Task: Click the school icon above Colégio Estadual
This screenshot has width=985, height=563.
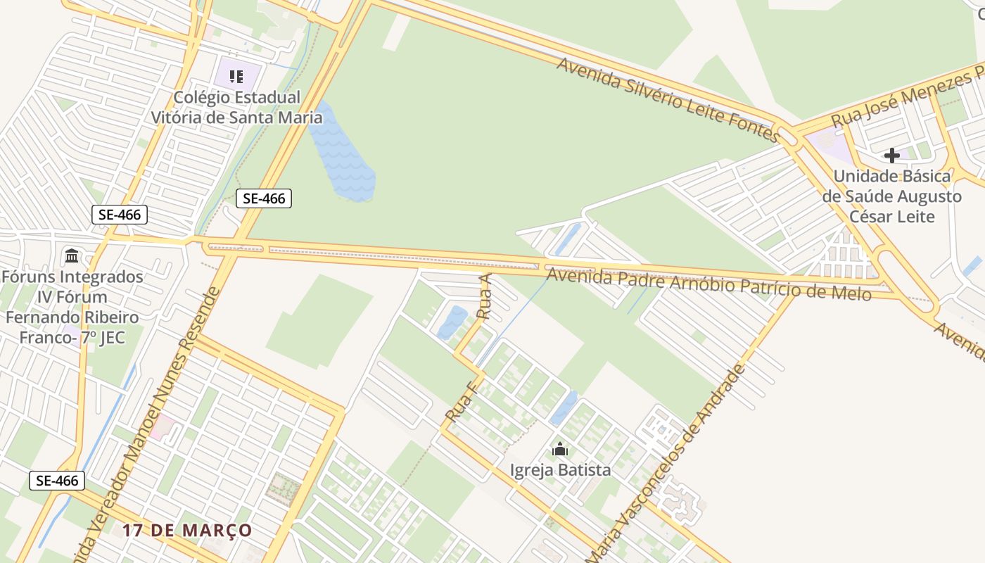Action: point(236,76)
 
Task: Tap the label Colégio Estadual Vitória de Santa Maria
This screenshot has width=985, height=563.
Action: point(237,107)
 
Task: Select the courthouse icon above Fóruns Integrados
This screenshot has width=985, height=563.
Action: point(72,255)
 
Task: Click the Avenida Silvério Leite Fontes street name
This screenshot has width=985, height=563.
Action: point(669,99)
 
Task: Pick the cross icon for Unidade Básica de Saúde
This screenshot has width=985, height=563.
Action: point(892,155)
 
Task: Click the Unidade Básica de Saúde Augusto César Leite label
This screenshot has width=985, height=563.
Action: point(892,196)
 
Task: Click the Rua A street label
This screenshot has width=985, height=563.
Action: point(485,297)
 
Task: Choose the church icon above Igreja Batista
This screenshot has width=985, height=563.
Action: point(560,448)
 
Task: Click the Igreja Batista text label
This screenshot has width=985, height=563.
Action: point(560,470)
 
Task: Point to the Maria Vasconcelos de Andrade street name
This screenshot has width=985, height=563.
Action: point(666,464)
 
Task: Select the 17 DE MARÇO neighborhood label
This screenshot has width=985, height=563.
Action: point(187,530)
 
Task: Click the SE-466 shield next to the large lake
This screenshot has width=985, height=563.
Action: point(264,198)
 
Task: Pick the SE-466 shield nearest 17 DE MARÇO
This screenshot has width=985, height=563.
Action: point(57,481)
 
